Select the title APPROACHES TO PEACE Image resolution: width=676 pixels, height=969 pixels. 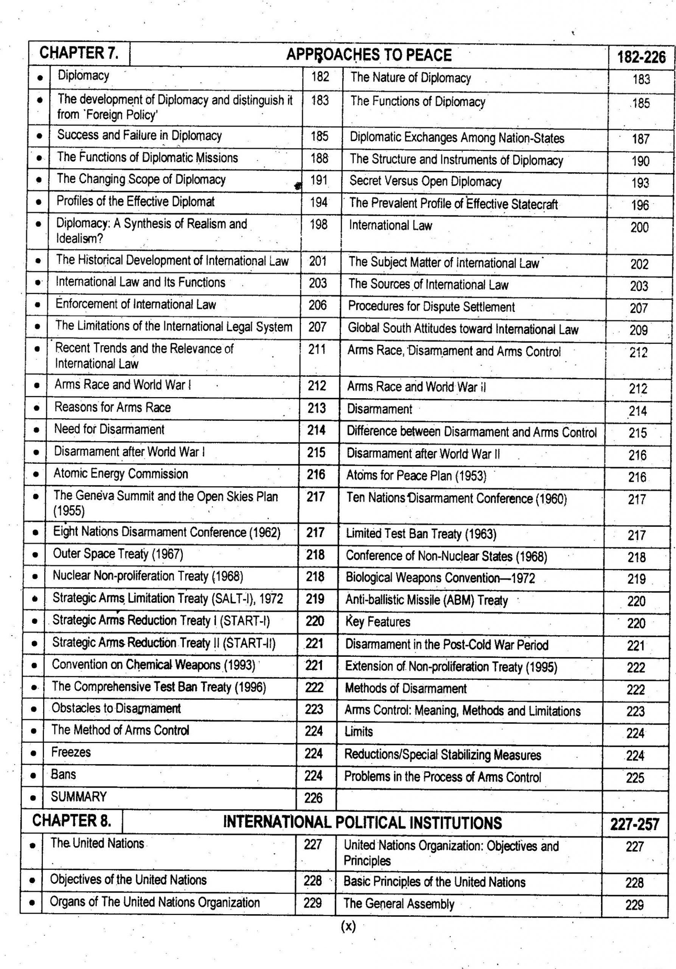point(368,55)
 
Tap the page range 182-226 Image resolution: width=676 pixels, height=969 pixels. point(641,56)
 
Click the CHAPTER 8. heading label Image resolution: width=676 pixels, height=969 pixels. point(72,821)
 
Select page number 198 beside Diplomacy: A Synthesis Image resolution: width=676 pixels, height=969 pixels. point(319,224)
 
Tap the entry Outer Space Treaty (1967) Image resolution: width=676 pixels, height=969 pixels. point(118,553)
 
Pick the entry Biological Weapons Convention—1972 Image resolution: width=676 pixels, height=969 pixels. point(440,577)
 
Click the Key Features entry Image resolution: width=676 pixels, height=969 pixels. point(378,622)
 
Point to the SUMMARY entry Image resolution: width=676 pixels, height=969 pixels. point(78,796)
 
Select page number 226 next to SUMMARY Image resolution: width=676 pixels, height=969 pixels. point(313,798)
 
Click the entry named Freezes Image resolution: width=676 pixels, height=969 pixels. point(71,752)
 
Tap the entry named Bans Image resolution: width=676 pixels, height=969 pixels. point(63,774)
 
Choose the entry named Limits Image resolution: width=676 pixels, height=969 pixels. point(359,731)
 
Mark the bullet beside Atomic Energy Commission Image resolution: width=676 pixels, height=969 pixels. point(36,474)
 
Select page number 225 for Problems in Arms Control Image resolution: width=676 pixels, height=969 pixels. point(635,777)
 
